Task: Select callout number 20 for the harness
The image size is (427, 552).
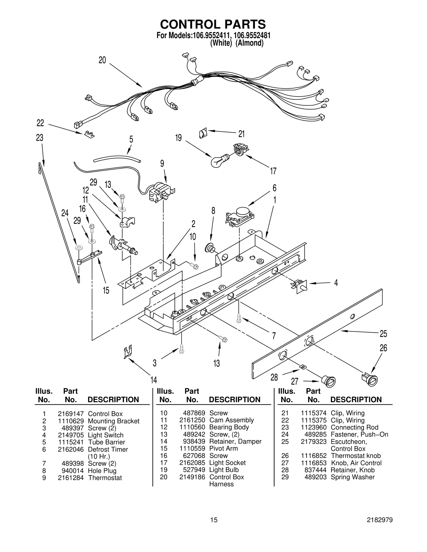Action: point(102,60)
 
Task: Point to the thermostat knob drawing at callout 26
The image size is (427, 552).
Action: point(370,379)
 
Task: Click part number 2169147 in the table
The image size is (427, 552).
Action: point(71,414)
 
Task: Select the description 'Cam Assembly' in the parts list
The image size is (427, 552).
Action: point(231,420)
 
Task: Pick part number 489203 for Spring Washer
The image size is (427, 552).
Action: point(315,477)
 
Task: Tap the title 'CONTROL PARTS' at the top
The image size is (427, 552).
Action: point(213,24)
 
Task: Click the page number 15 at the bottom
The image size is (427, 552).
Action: point(214,520)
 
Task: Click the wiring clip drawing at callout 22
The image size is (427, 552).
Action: point(89,134)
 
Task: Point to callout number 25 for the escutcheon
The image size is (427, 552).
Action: point(383,333)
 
